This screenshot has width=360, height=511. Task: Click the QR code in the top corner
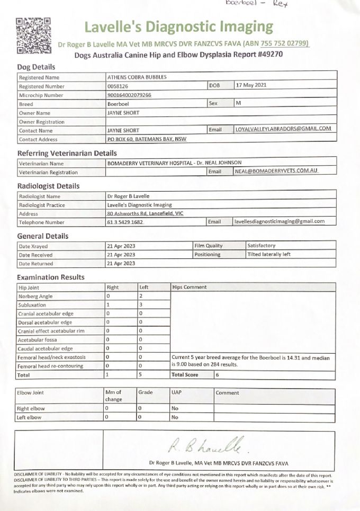pyautogui.click(x=33, y=35)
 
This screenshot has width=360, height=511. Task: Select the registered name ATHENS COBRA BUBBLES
pyautogui.click(x=137, y=77)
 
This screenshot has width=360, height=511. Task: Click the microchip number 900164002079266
pyautogui.click(x=129, y=95)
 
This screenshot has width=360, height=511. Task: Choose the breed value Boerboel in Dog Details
pyautogui.click(x=118, y=104)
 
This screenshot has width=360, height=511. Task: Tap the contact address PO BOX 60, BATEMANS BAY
pyautogui.click(x=146, y=139)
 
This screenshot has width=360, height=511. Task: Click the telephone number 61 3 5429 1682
pyautogui.click(x=125, y=222)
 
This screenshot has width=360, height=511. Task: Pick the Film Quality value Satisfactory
pyautogui.click(x=262, y=246)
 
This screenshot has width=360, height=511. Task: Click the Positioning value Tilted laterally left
pyautogui.click(x=269, y=255)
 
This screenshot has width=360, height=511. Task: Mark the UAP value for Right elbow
pyautogui.click(x=175, y=409)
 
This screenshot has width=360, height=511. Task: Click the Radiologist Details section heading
pyautogui.click(x=49, y=186)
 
